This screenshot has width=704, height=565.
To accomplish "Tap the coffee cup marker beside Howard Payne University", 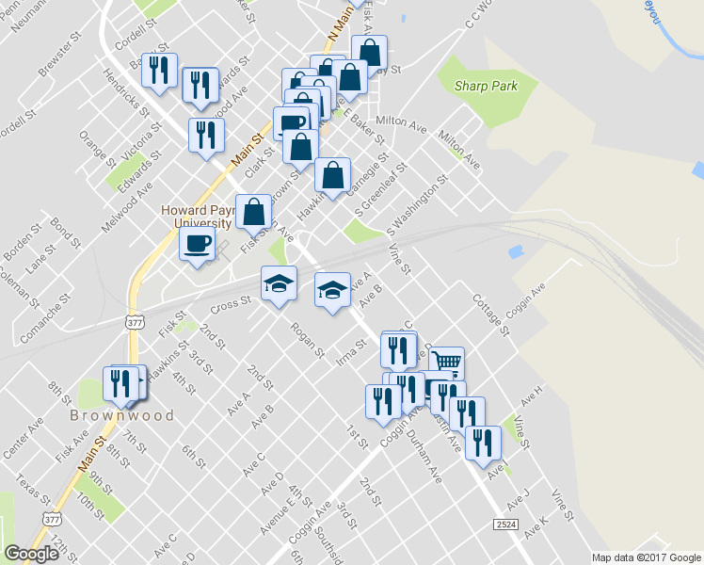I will [x=198, y=244].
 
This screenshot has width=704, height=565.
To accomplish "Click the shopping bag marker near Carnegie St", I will [x=332, y=175].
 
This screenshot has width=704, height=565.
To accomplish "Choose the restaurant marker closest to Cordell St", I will [x=160, y=69].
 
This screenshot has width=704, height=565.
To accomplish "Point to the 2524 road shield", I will [x=505, y=523].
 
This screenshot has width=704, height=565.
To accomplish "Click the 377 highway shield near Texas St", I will [x=53, y=519].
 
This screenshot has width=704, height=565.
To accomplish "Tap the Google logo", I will [x=32, y=555].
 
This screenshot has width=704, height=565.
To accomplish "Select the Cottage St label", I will [x=490, y=315].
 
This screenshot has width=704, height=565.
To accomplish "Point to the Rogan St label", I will [x=308, y=340].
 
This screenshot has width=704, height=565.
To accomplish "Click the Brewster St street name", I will [x=56, y=59].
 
